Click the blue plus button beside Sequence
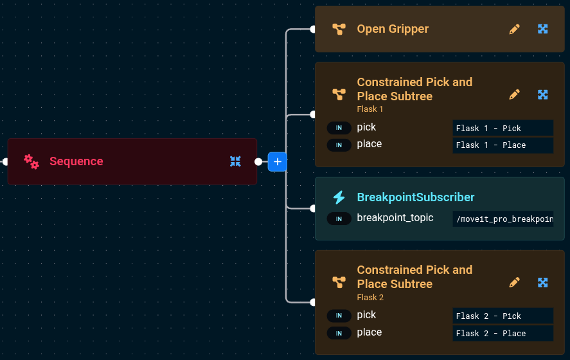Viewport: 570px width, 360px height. coord(277,162)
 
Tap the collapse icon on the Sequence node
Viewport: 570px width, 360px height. coord(235,161)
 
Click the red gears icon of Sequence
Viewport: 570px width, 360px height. coord(31,161)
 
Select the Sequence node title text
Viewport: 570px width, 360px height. coord(76,161)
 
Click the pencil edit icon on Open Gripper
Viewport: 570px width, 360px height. coord(514,29)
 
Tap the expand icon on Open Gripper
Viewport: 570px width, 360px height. coord(542,29)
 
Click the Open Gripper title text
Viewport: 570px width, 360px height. coord(393,29)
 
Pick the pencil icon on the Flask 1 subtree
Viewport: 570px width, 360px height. coord(514,94)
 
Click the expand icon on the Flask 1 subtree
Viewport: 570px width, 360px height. coord(542,94)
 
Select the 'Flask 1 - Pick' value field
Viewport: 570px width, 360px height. coord(503,128)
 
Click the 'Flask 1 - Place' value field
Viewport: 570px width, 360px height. coord(503,145)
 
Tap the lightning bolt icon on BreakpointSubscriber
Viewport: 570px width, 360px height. coord(339,197)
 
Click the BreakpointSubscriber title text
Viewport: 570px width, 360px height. coord(416,197)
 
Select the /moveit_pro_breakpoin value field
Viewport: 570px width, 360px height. coord(503,219)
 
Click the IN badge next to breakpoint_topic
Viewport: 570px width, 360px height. coord(339,219)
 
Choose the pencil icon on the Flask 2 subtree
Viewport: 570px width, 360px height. coord(514,282)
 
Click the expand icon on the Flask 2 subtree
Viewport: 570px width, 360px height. coord(542,282)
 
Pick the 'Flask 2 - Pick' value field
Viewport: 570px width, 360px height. coord(503,316)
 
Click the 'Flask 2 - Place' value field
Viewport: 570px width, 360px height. coord(503,333)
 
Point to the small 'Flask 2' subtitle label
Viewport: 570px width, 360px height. coord(370,298)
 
